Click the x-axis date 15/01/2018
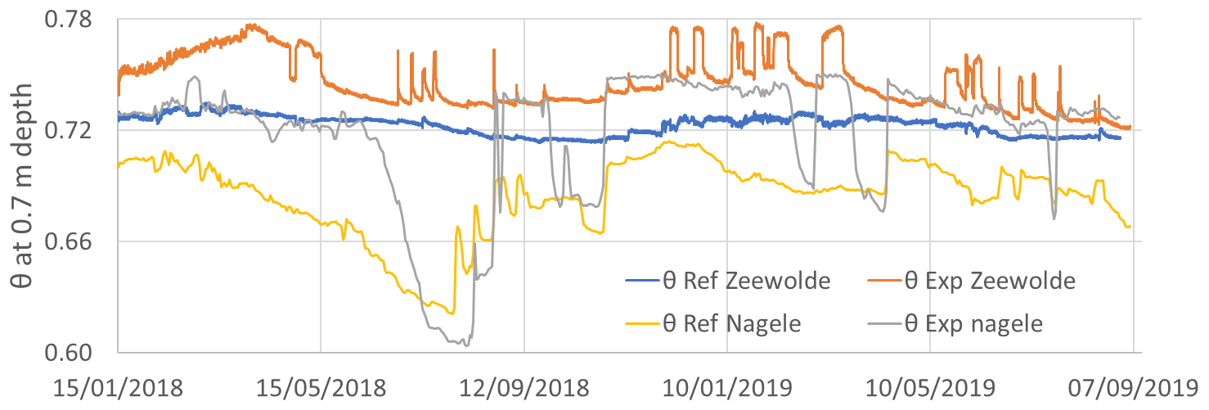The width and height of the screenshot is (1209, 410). (118, 385)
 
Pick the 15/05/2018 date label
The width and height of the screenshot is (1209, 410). (321, 385)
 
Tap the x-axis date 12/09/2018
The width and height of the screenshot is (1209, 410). (524, 385)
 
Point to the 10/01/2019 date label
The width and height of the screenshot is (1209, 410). (726, 385)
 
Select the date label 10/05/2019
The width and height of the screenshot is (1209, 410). (929, 385)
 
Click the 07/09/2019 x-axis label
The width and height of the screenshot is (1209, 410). (1132, 385)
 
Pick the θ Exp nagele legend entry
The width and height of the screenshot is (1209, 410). (974, 324)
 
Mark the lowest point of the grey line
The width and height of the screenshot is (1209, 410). (465, 345)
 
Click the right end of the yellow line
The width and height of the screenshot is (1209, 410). (1130, 227)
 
